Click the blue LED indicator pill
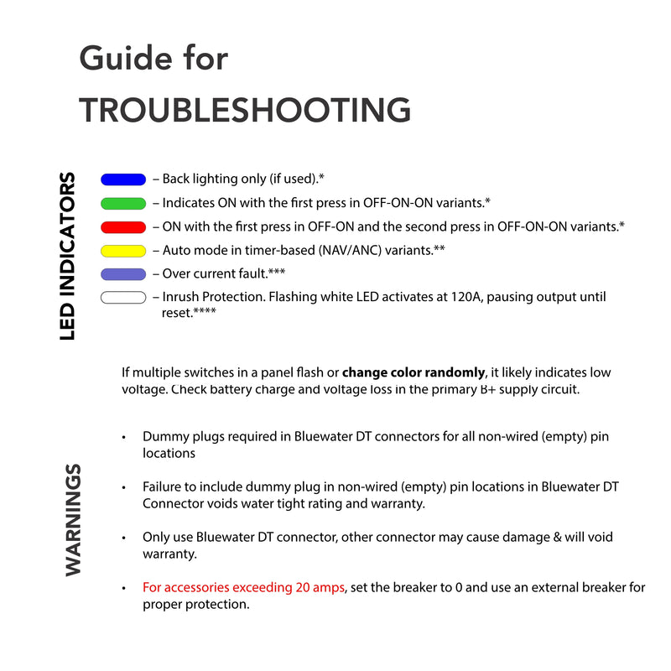coord(123,179)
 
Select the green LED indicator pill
coord(123,203)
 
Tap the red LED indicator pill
coord(123,226)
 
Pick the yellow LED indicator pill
coord(123,250)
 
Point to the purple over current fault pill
coord(123,273)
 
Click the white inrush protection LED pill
coord(123,297)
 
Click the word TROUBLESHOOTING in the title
coord(245,110)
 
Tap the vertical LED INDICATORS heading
coord(68,257)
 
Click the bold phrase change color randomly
coord(414,372)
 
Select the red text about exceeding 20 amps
coord(243,588)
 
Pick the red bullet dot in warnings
coord(124,588)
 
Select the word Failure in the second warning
coord(164,486)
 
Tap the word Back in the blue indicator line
coord(176,179)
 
